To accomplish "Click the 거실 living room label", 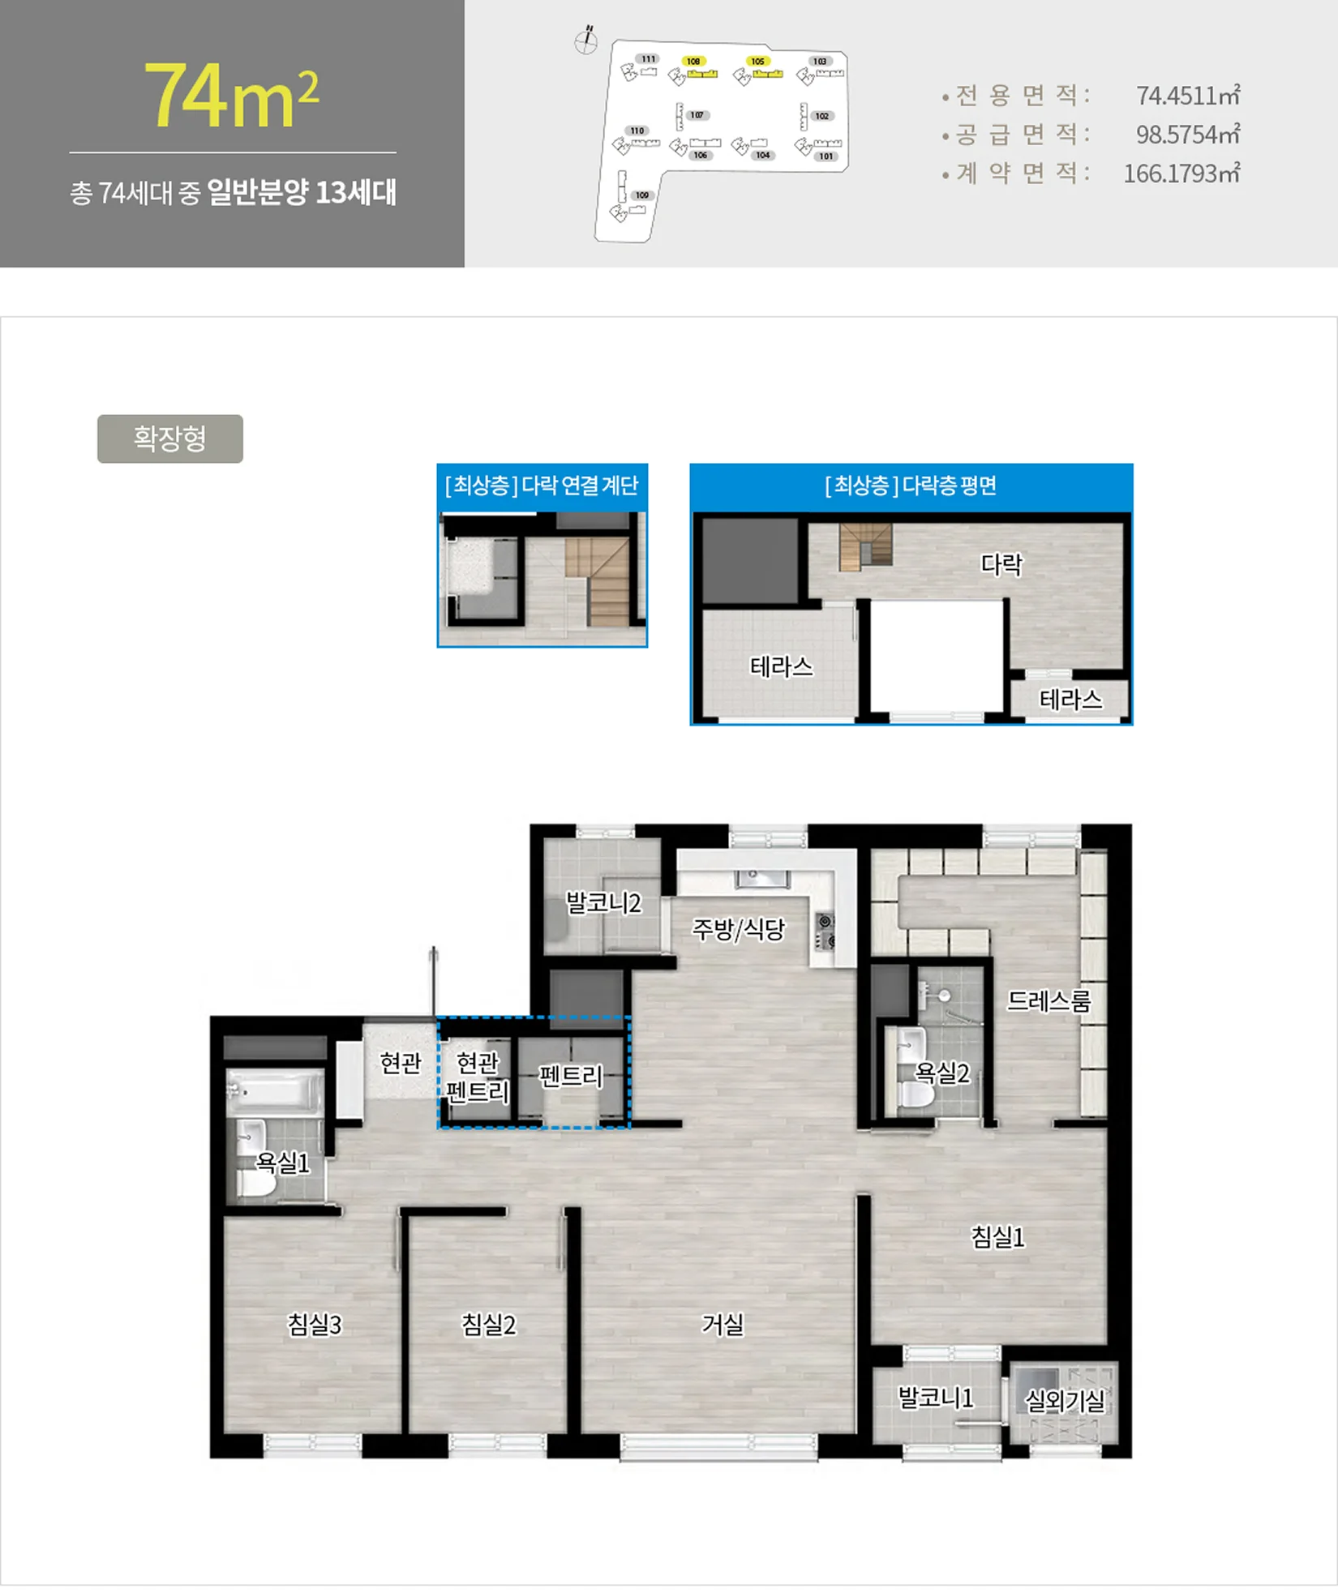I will click(722, 1324).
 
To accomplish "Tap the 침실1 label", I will click(997, 1236).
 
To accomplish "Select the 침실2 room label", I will click(488, 1324).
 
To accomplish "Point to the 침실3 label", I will click(315, 1324).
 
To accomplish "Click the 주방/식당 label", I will click(738, 928).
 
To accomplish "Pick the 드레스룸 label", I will click(1049, 1001).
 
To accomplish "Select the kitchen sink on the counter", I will click(761, 879).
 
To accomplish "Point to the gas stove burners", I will click(825, 931).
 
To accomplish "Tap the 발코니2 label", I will click(603, 902).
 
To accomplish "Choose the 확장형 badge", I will click(169, 439).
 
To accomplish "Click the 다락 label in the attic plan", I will click(1001, 564).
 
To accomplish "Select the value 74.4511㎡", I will click(1187, 96).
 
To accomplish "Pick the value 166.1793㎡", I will click(1181, 173).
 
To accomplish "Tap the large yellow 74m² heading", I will click(231, 96).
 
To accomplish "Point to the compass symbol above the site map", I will click(585, 41).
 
